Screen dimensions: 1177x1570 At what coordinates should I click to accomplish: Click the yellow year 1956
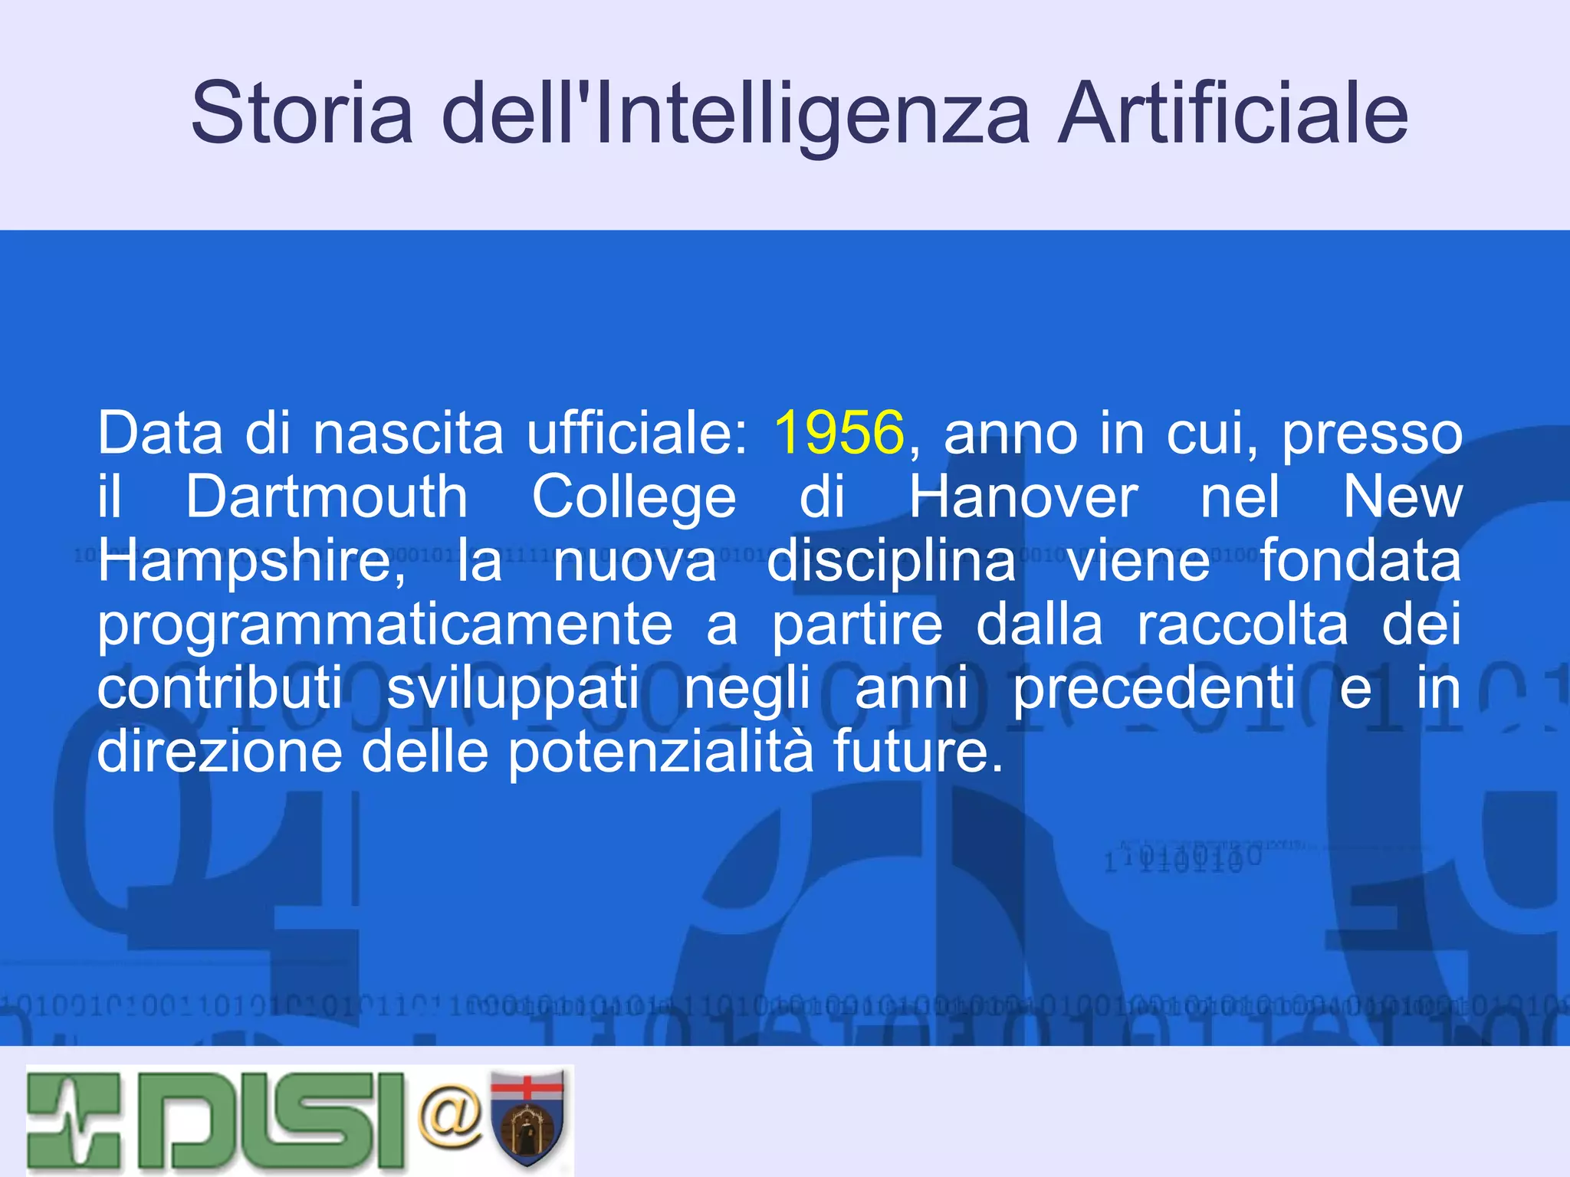[839, 434]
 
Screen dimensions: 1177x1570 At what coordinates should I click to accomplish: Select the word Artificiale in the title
[1232, 113]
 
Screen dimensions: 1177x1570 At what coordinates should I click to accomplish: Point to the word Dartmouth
[327, 497]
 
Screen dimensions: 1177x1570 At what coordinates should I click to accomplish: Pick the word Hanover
[1023, 497]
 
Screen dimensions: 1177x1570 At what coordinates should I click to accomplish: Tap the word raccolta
[1242, 625]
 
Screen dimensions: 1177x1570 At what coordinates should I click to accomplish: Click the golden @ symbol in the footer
[451, 1116]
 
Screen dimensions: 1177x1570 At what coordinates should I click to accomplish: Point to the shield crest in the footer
[527, 1118]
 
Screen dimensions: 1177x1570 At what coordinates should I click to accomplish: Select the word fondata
[1360, 561]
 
